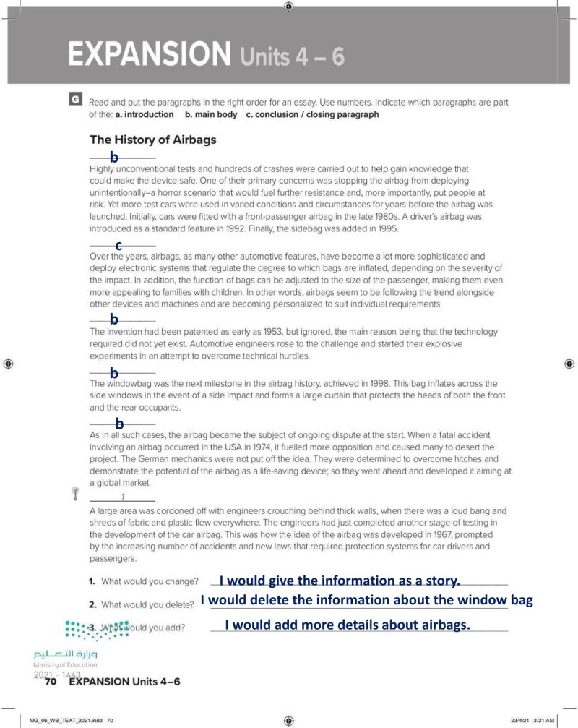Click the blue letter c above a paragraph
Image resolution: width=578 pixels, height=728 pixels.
pos(118,246)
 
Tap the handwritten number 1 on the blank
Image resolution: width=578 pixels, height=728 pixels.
pos(124,496)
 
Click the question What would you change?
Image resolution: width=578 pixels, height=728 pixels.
pos(149,581)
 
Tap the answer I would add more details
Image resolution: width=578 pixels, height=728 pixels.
pos(348,625)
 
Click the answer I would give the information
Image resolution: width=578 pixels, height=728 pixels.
pos(340,581)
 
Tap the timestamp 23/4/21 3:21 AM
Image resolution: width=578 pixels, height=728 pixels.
pos(533,721)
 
